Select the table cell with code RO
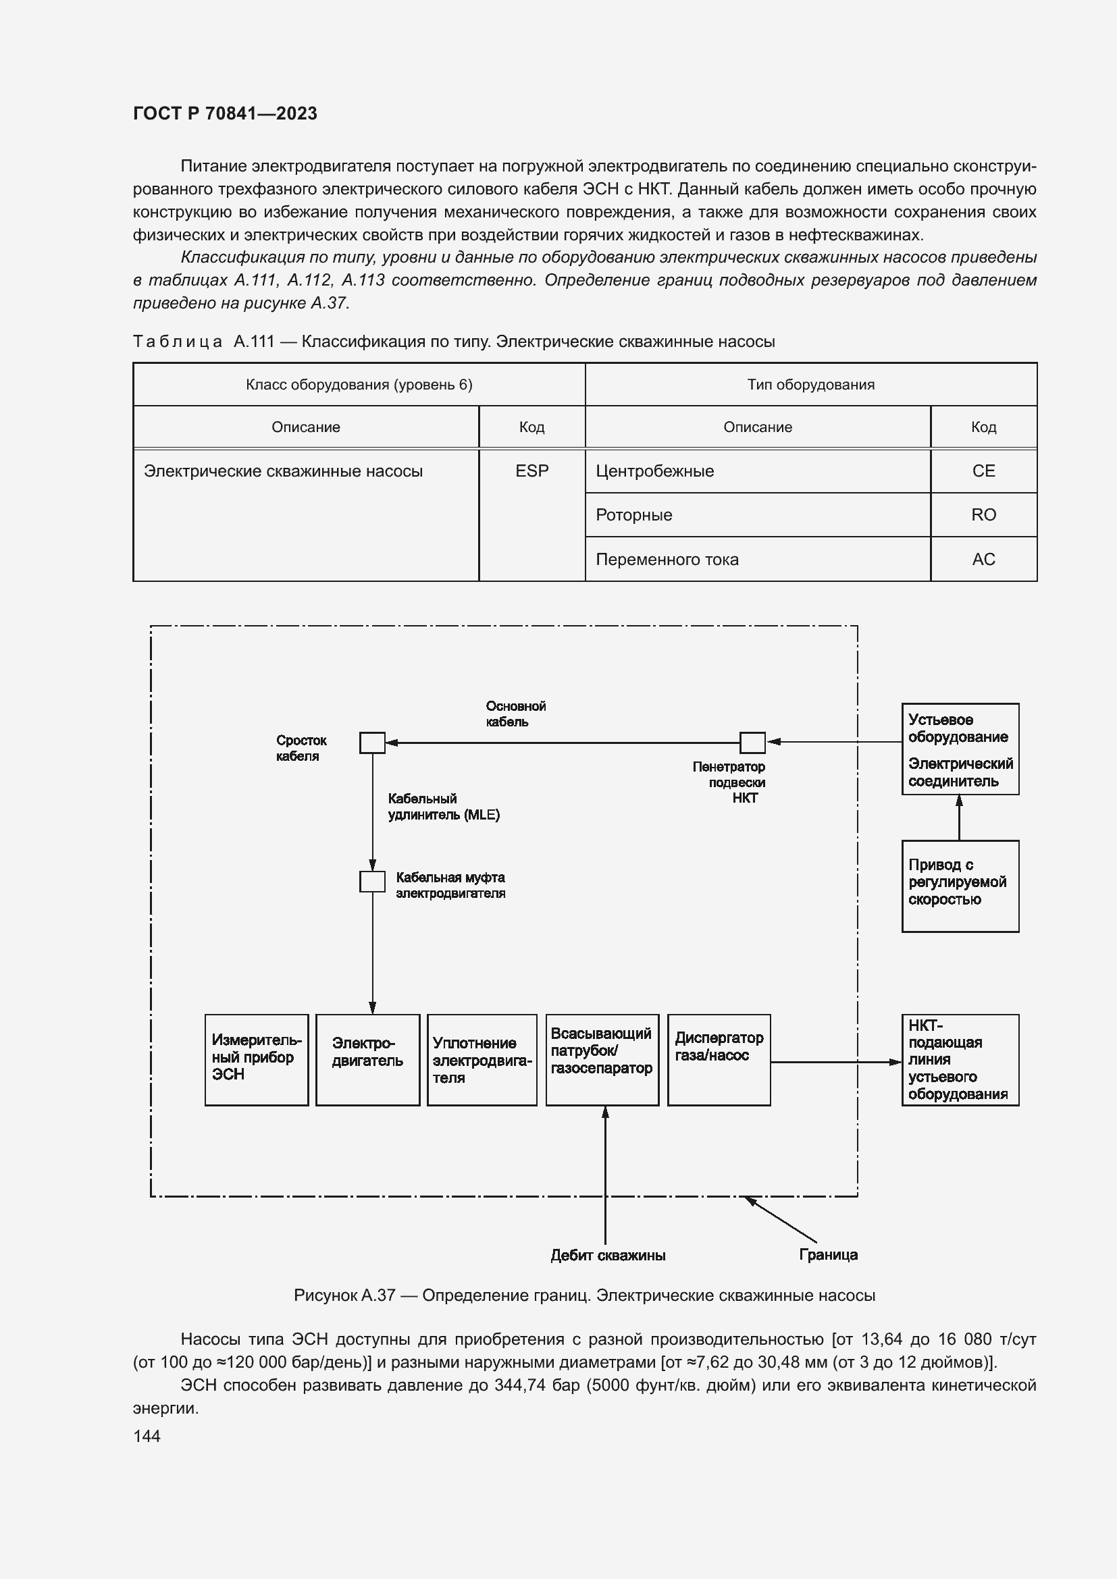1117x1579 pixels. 983,514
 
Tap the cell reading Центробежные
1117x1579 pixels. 757,471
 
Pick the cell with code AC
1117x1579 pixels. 983,559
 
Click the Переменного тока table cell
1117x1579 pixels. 757,559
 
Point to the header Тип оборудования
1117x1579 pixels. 810,384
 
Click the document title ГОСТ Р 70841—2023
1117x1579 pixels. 225,113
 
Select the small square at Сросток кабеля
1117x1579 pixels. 372,743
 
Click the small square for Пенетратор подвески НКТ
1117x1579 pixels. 752,743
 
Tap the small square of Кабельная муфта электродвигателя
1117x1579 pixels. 372,882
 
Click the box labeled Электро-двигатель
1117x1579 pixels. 367,1060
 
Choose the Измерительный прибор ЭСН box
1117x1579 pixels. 256,1060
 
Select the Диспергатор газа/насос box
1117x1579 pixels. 718,1060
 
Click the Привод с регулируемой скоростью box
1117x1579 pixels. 960,886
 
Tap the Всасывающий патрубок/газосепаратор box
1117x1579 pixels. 602,1060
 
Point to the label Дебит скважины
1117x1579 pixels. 607,1255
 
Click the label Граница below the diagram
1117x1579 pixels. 827,1254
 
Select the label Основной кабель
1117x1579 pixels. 515,714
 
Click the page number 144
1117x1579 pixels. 147,1436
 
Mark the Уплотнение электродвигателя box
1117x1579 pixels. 482,1060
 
